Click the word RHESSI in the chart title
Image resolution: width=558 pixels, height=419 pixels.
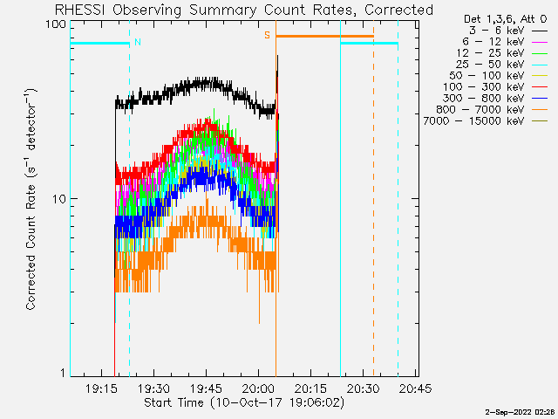pyautogui.click(x=80, y=10)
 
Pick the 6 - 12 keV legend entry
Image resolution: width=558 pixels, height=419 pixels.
pyautogui.click(x=506, y=42)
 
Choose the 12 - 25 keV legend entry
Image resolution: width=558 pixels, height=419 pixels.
pyautogui.click(x=502, y=53)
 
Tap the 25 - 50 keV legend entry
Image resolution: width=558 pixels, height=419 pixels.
pyautogui.click(x=502, y=65)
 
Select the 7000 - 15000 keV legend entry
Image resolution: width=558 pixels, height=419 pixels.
pyautogui.click(x=486, y=121)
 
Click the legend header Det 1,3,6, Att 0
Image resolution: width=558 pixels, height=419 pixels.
pyautogui.click(x=506, y=18)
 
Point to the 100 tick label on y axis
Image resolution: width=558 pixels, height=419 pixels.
pyautogui.click(x=56, y=25)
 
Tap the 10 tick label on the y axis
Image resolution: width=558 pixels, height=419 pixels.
pyautogui.click(x=60, y=199)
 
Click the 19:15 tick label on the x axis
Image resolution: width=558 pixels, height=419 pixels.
pyautogui.click(x=102, y=388)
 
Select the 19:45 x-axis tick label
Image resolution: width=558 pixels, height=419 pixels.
pyautogui.click(x=207, y=388)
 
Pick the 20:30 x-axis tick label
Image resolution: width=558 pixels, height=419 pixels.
pyautogui.click(x=363, y=388)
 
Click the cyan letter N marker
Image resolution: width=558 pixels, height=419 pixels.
pyautogui.click(x=138, y=42)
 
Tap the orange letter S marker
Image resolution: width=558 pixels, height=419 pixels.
pyautogui.click(x=267, y=35)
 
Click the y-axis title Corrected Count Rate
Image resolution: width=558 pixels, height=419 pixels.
pyautogui.click(x=31, y=247)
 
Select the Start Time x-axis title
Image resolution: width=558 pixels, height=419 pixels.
pyautogui.click(x=174, y=402)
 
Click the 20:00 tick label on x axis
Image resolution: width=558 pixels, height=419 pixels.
pyautogui.click(x=259, y=388)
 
